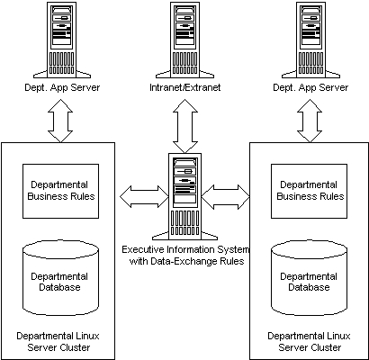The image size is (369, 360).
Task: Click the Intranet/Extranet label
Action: pos(185,87)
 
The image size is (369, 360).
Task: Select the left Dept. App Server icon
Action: pos(62,40)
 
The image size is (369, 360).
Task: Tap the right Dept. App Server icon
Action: pos(310,40)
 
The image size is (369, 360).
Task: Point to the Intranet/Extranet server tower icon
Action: pos(185,40)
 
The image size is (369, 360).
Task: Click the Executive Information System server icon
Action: pos(184,197)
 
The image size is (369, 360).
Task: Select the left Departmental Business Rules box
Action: pos(61,191)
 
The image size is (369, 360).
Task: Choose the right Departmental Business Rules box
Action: pos(310,191)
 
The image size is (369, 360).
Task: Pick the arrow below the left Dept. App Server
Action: pos(60,121)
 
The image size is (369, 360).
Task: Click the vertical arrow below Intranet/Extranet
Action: pos(185,126)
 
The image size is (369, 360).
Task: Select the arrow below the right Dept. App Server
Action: pos(310,121)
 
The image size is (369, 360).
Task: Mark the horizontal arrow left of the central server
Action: pos(144,197)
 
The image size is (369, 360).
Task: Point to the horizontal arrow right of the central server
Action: pos(226,197)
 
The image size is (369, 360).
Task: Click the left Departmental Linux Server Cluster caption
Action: pos(58,342)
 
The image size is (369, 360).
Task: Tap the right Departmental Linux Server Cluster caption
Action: pos(310,342)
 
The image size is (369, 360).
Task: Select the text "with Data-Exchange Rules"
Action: pos(186,261)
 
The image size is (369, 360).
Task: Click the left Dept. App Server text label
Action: pos(62,87)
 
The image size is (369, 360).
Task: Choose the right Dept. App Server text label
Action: pos(310,87)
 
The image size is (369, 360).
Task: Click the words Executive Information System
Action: pos(185,249)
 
